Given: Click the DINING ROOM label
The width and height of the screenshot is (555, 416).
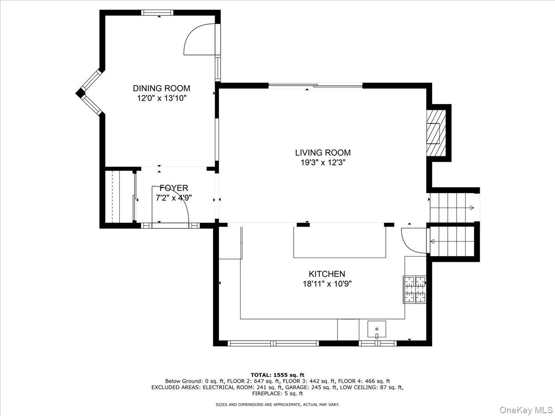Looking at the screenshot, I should coord(161,88).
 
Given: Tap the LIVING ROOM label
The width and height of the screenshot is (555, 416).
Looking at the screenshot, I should coord(323,153).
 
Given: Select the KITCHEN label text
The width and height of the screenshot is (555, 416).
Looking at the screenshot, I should coord(327,274).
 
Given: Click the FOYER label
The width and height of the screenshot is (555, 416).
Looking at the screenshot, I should coord(174,188).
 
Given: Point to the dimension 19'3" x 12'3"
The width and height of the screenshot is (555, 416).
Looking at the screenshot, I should coord(323,163).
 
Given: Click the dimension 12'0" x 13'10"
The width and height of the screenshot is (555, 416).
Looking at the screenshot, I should coord(161,98).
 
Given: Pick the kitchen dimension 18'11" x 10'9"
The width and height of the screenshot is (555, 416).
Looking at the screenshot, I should coord(327,284).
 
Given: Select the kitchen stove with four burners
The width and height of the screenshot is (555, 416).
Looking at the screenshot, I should coord(414,289).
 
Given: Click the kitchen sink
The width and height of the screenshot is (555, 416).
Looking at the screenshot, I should coord(377,330).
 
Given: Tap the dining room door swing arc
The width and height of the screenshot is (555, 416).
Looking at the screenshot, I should coord(199,39).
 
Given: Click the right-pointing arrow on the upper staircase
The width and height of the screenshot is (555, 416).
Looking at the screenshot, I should coord(471,208).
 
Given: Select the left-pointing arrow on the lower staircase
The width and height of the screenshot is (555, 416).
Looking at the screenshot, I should coord(432,241).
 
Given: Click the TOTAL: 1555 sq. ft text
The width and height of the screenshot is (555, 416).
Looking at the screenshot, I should coord(277,374).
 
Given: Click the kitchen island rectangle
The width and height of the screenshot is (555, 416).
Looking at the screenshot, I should coord(339,241).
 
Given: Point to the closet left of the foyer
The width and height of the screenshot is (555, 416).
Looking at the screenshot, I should coord(119,196).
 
